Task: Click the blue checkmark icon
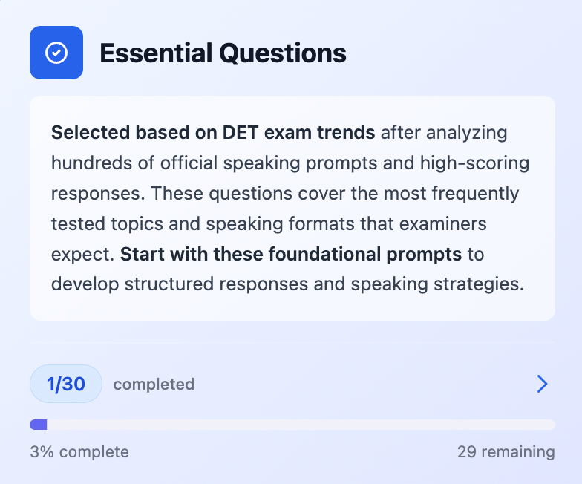click(x=56, y=53)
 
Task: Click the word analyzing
click(x=461, y=134)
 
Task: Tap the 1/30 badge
click(x=66, y=384)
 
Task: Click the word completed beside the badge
click(x=154, y=385)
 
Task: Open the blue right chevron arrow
click(x=542, y=384)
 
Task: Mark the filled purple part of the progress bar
click(x=39, y=425)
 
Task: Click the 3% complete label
click(x=79, y=451)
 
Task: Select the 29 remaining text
click(x=506, y=451)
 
